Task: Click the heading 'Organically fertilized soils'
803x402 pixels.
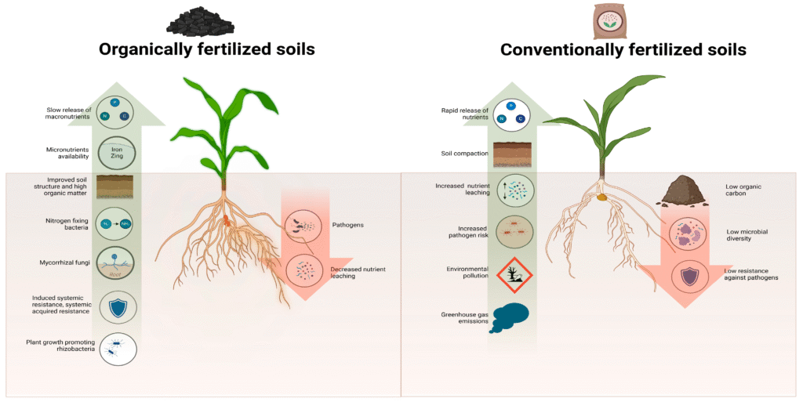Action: (206, 49)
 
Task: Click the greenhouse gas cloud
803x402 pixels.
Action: (510, 317)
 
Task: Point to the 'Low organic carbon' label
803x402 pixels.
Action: (743, 191)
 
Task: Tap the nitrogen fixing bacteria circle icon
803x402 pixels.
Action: (116, 223)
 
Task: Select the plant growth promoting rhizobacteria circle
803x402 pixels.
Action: (118, 349)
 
